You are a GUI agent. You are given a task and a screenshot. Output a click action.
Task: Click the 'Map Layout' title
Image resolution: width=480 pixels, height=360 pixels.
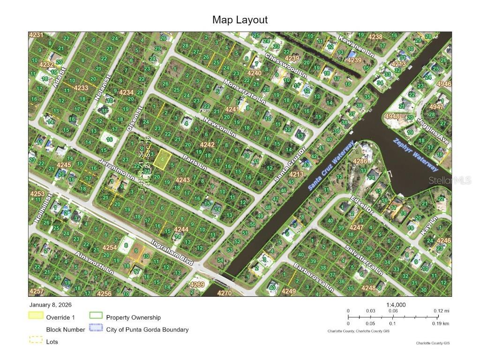[x=240, y=20]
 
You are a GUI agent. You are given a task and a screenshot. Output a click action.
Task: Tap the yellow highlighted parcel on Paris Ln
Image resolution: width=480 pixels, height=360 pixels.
[x=161, y=157]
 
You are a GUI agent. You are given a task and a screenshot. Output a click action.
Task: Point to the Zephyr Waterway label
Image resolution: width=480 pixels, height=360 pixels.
[x=416, y=155]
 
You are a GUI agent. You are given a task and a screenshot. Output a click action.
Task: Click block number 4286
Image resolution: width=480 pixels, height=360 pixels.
[x=360, y=161]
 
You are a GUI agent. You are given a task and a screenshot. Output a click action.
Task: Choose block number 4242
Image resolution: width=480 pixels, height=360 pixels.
[x=208, y=145]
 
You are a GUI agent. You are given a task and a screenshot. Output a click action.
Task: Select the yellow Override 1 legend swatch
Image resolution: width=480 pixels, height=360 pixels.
[x=36, y=317]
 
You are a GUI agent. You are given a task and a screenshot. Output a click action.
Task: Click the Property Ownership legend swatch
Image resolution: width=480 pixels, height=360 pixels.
[x=96, y=317]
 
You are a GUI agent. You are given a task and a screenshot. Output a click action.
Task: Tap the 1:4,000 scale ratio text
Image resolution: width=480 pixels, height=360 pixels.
[x=396, y=304]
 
